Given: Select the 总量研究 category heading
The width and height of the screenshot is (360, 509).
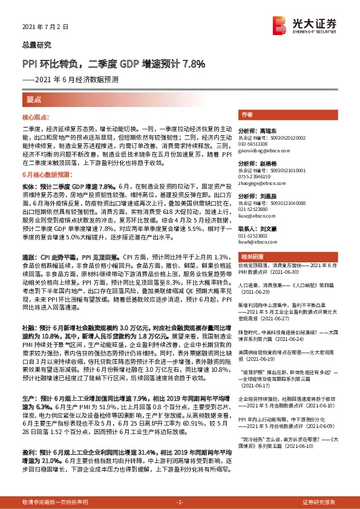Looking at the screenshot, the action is point(37,45).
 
